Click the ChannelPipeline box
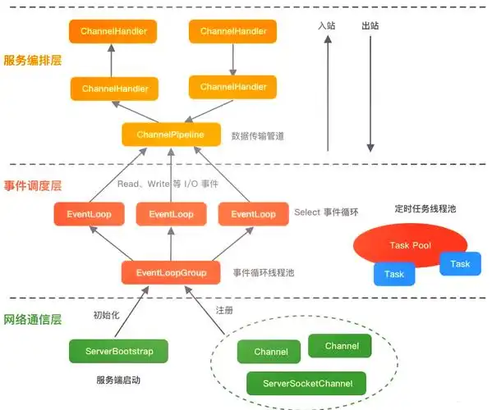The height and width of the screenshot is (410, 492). (x=172, y=134)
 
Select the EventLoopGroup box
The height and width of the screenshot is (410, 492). (x=171, y=272)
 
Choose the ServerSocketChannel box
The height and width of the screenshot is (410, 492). (x=308, y=383)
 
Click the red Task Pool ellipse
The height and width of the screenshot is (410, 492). (x=410, y=245)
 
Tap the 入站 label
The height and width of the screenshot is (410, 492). (x=328, y=25)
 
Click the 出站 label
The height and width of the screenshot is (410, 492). (x=371, y=25)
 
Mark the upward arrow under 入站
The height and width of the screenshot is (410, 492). (x=328, y=94)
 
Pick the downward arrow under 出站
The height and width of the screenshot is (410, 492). (x=371, y=94)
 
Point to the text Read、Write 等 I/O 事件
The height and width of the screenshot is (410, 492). (x=168, y=184)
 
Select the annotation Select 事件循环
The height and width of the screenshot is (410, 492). (x=326, y=212)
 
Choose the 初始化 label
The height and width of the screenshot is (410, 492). (x=108, y=315)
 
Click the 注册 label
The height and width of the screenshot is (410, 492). (x=224, y=311)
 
